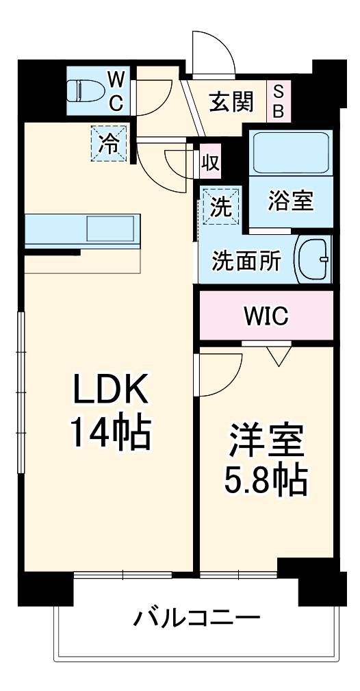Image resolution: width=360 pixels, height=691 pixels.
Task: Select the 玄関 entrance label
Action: click(x=231, y=101)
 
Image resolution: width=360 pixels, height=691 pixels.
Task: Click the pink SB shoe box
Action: click(x=279, y=101)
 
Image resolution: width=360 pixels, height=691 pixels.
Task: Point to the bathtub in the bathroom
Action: click(x=291, y=152)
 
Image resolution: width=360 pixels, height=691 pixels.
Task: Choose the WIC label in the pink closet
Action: click(x=266, y=316)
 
